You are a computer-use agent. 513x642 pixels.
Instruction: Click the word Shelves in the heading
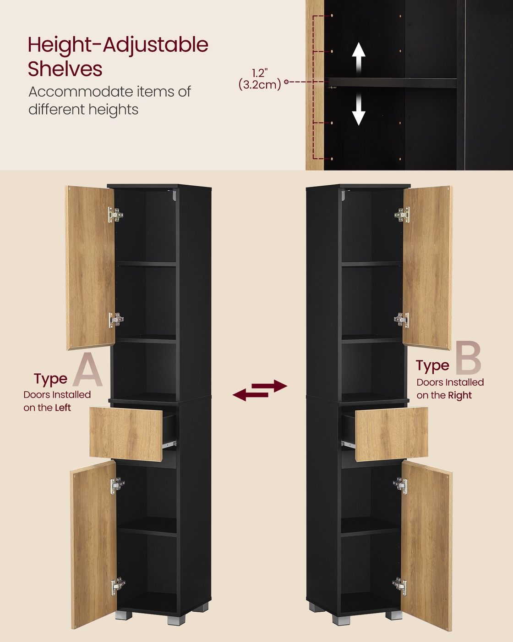[x=65, y=69]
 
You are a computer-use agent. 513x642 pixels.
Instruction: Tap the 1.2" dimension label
[x=260, y=73]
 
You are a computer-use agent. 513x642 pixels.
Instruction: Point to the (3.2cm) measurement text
[x=260, y=85]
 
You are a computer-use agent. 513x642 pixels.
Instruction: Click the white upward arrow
[x=359, y=59]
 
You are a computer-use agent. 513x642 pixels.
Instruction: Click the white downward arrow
[x=359, y=109]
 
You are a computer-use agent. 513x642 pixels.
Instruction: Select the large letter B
[x=468, y=358]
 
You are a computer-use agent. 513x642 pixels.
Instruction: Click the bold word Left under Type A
[x=63, y=408]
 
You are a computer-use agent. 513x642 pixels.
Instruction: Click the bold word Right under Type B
[x=460, y=395]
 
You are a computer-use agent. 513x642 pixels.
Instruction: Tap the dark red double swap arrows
[x=260, y=390]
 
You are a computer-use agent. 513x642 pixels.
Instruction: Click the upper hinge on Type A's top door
[x=115, y=215]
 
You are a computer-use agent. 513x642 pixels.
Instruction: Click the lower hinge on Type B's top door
[x=402, y=320]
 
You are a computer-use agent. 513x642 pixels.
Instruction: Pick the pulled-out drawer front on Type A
[x=126, y=434]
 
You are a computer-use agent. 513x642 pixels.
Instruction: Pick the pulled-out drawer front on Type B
[x=391, y=434]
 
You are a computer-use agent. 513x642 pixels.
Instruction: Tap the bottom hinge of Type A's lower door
[x=118, y=586]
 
